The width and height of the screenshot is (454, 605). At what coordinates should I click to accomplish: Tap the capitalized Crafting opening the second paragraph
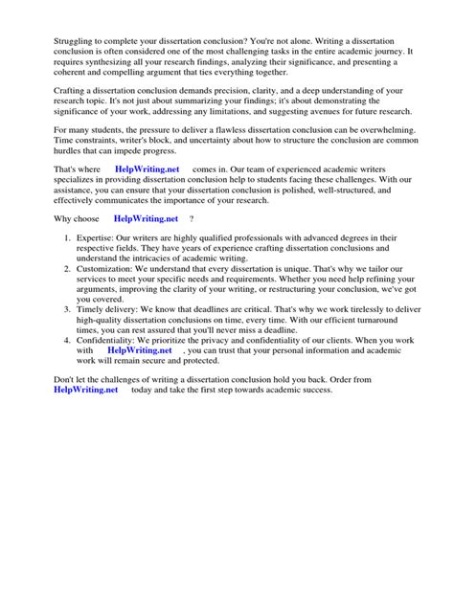70,116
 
